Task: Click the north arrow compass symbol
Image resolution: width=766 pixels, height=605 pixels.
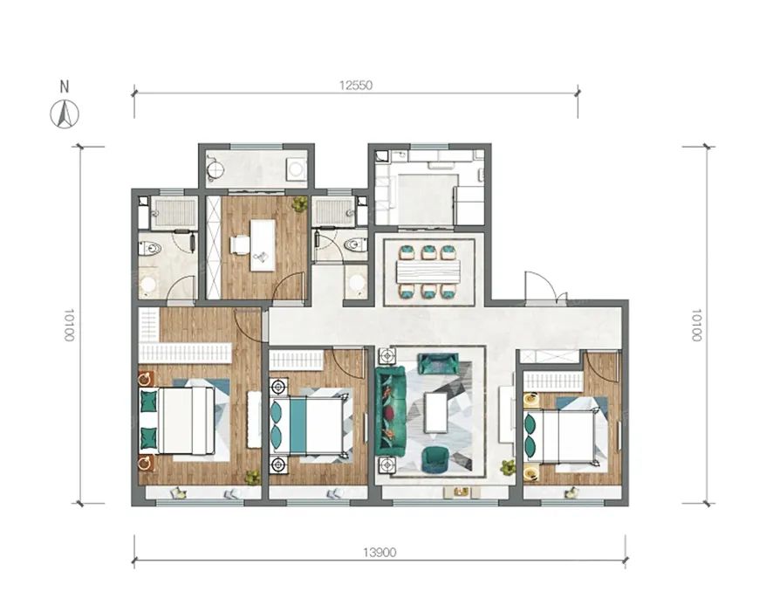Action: pos(65,114)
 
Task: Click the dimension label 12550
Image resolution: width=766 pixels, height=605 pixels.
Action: pos(356,86)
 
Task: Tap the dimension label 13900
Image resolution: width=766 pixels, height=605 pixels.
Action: pos(380,553)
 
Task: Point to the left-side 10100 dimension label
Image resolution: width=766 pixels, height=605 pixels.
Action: pos(70,325)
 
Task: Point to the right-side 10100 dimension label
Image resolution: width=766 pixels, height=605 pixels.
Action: pos(696,325)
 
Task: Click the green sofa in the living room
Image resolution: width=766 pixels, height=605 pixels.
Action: pos(390,411)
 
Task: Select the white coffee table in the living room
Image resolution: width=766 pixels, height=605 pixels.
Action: pos(436,413)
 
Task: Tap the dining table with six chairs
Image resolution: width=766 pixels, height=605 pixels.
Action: pos(429,272)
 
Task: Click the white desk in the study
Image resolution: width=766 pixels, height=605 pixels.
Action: pos(263,244)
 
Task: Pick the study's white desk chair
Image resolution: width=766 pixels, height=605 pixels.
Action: pos(240,244)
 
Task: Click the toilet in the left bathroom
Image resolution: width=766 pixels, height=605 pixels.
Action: pos(150,249)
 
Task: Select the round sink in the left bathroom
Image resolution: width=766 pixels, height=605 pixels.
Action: pos(147,285)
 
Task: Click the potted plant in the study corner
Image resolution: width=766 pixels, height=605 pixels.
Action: pos(299,203)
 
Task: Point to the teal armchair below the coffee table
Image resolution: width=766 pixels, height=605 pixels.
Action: pos(434,460)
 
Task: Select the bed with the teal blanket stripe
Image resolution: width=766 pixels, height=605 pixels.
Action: pos(307,424)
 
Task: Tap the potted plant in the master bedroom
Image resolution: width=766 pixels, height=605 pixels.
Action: pos(252,477)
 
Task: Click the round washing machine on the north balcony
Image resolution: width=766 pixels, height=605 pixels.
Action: pos(296,169)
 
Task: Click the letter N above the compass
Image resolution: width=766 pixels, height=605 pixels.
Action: pos(65,86)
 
